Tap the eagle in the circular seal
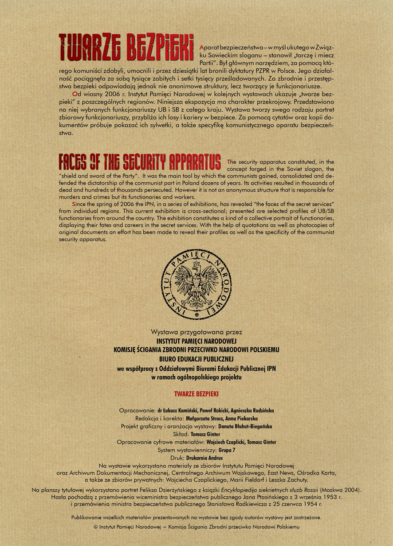click(196, 286)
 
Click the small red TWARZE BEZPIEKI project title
click(196, 393)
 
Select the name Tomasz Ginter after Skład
click(208, 434)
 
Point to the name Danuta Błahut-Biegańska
click(247, 426)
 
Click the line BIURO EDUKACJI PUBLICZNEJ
click(196, 358)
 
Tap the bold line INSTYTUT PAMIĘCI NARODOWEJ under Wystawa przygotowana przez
click(196, 341)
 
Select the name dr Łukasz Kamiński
click(181, 410)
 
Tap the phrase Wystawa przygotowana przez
click(196, 332)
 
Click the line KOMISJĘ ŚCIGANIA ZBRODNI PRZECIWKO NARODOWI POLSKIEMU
click(196, 350)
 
